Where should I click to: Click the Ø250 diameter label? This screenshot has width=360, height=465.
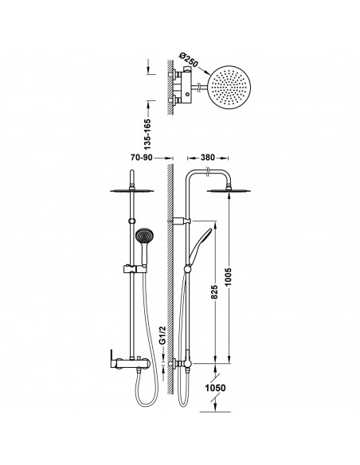189,61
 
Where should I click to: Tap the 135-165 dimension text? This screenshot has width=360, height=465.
147,134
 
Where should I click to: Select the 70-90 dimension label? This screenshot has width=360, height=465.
142,158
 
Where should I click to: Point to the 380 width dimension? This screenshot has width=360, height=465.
207,158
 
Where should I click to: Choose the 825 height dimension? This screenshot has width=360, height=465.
214,291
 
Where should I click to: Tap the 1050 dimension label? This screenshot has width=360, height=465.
216,388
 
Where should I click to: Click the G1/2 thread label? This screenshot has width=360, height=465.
162,335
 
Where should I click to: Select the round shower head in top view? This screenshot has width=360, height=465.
229,88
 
